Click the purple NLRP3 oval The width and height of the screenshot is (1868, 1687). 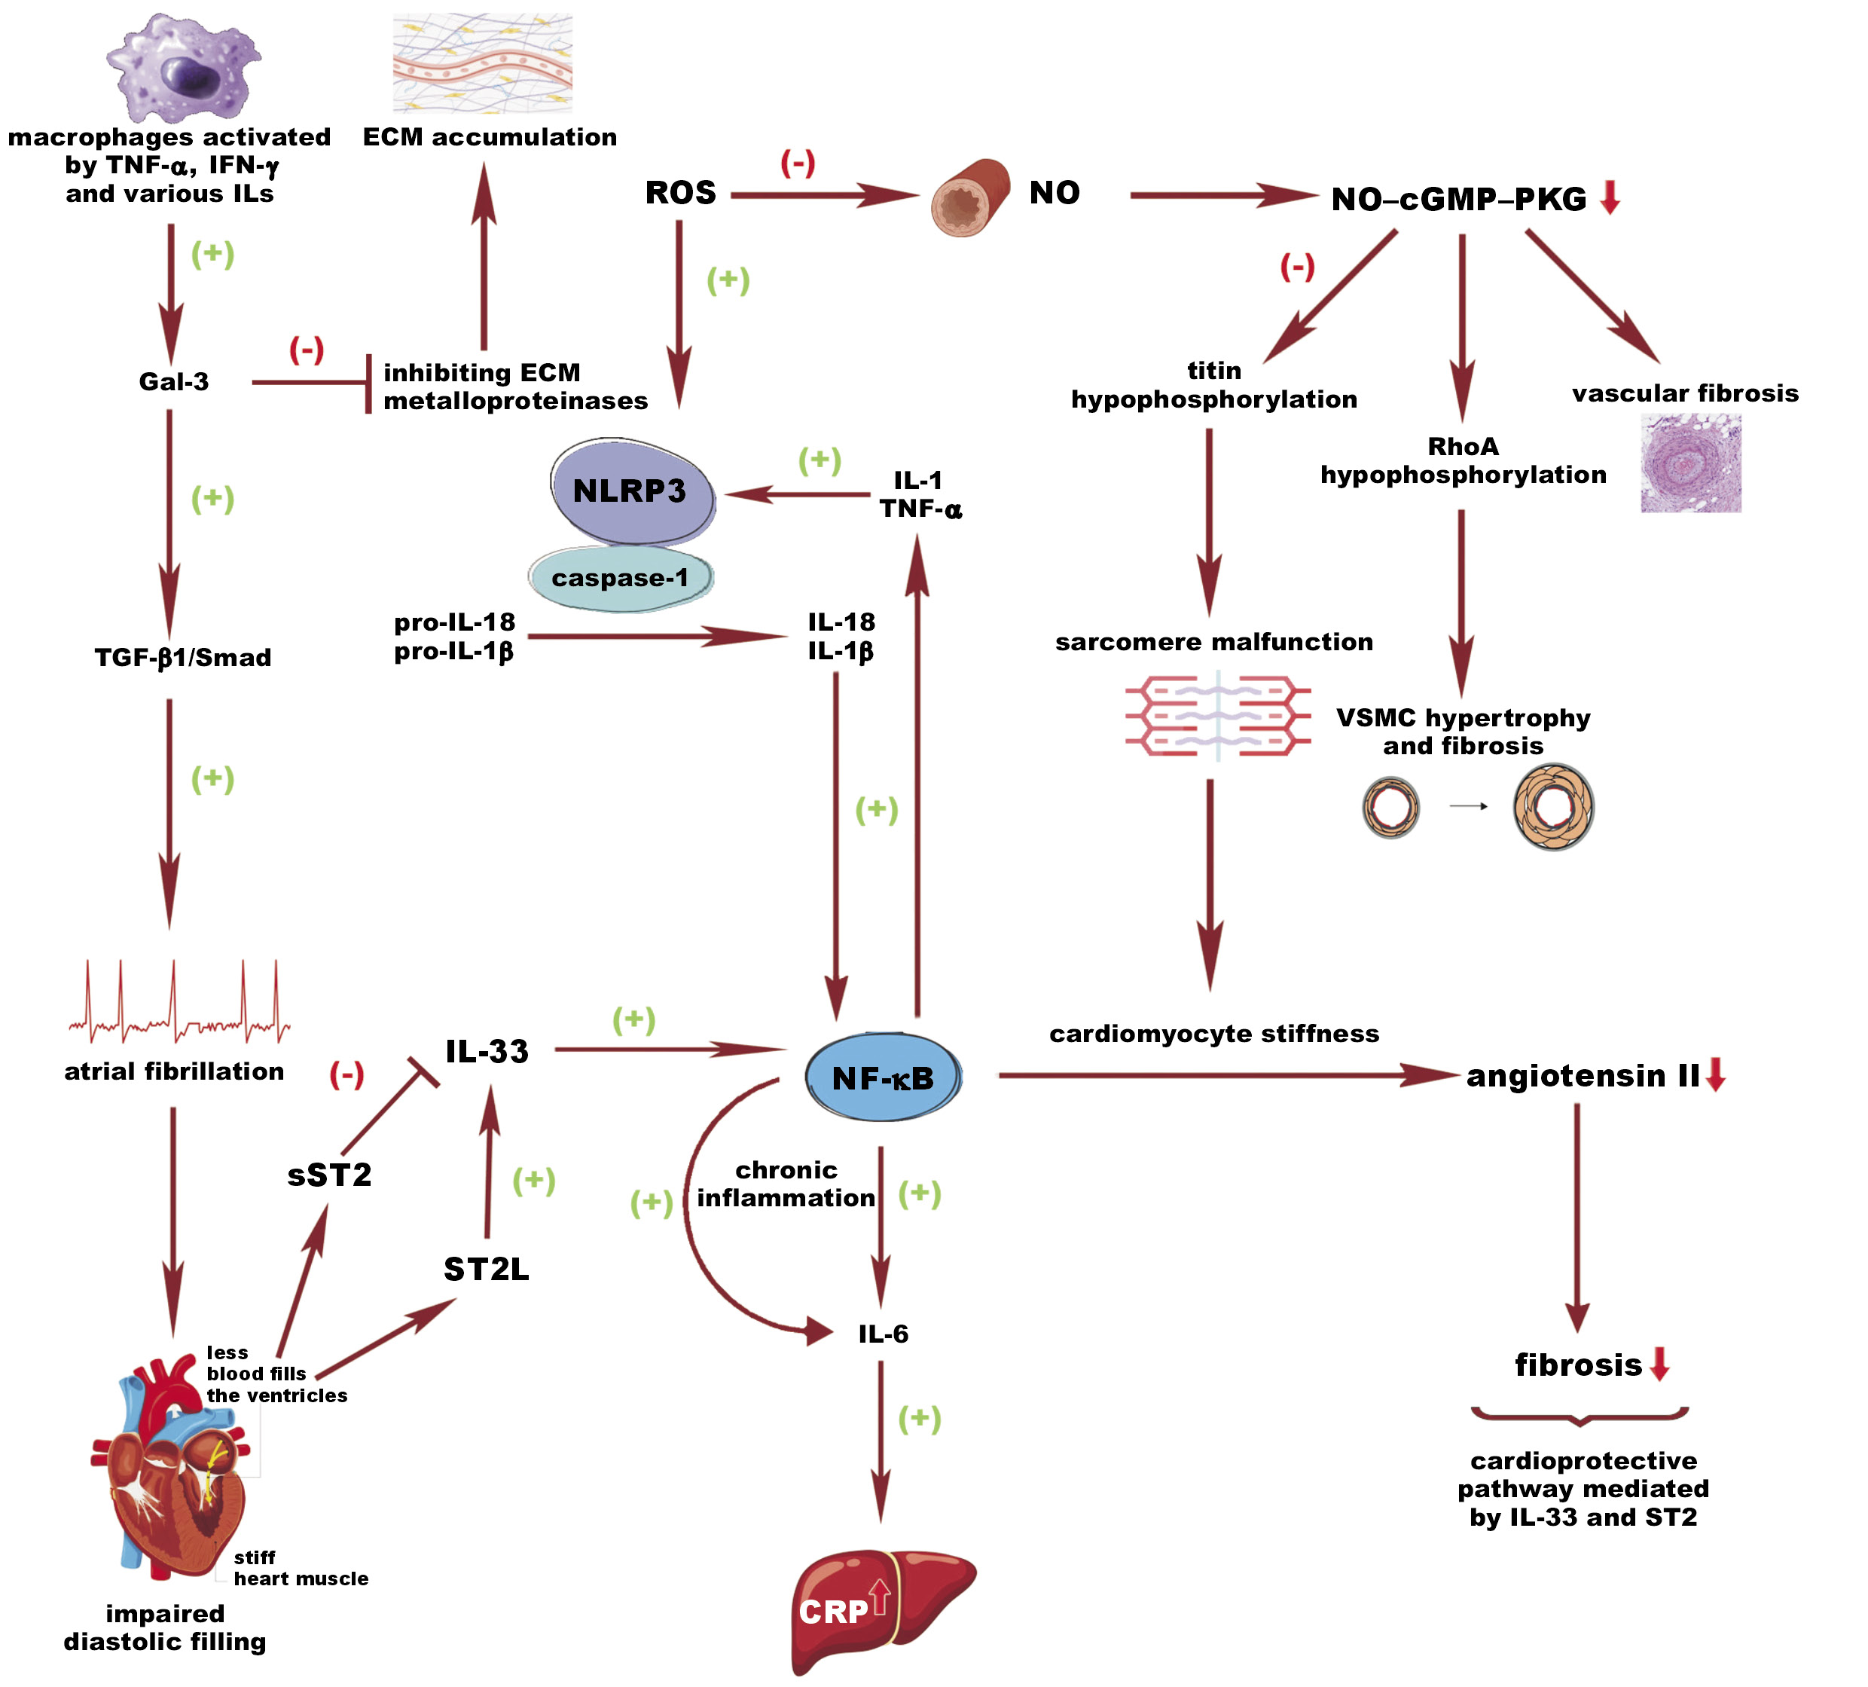coord(632,491)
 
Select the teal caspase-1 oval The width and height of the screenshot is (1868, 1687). coord(621,577)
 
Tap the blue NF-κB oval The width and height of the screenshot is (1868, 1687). coord(883,1077)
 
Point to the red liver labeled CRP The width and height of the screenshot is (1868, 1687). coord(881,1608)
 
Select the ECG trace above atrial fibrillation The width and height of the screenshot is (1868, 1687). coord(179,1006)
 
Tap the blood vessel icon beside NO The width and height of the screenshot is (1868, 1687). coord(970,197)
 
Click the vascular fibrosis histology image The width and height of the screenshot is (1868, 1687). coord(1690,463)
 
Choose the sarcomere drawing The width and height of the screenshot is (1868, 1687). coord(1217,716)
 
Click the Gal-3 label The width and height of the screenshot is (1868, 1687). coord(173,382)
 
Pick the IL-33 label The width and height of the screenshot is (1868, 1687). coord(487,1051)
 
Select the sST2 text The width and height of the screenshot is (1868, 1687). coord(329,1175)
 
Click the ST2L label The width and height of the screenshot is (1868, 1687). coord(487,1269)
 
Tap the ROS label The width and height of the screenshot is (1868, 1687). coord(680,193)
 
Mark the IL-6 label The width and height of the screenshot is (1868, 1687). coord(883,1334)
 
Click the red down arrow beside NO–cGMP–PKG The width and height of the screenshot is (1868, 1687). coord(1610,197)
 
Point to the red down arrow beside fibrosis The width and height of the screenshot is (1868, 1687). coord(1659,1365)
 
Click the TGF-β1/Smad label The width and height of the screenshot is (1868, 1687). coord(182,658)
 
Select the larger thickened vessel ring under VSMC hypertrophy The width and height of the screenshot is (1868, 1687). coord(1553,806)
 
